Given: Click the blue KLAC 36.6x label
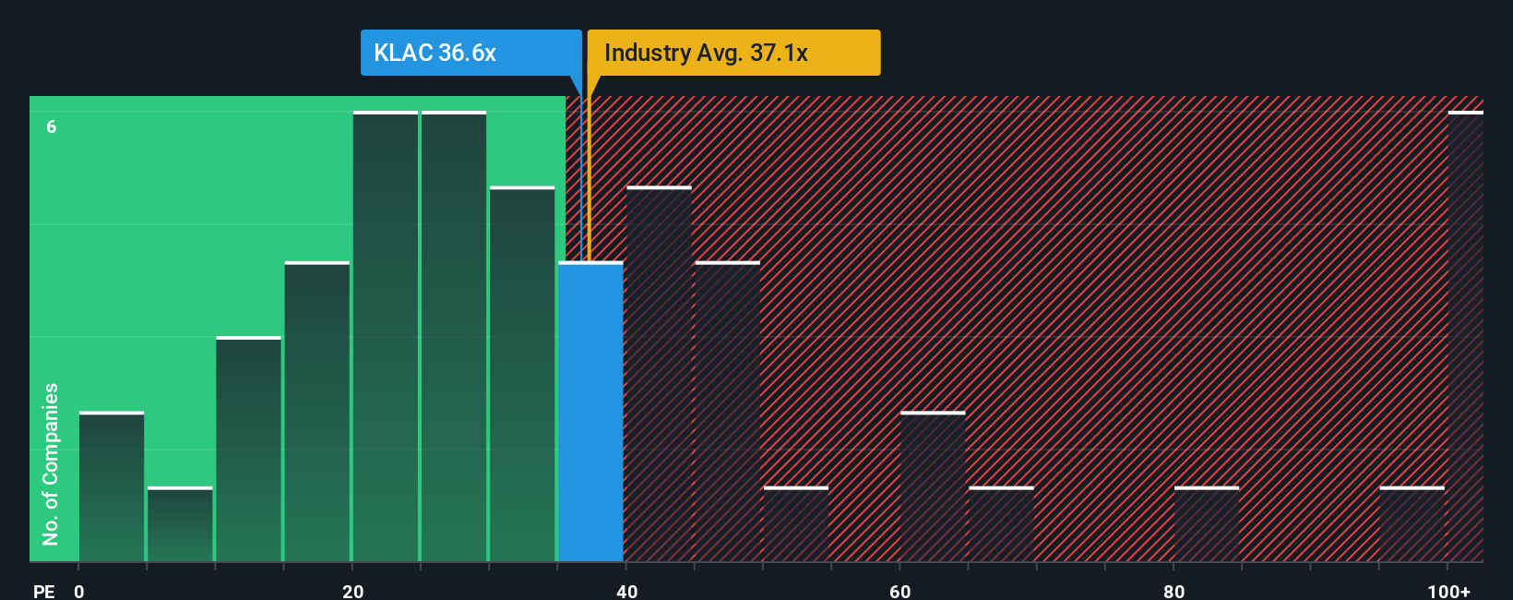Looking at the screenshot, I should click(471, 53).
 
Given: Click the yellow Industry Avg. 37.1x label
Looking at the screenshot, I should click(733, 53).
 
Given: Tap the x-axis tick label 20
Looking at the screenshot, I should click(352, 591).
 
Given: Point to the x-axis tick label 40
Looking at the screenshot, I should click(626, 591).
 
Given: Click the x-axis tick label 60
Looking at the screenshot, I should click(900, 591).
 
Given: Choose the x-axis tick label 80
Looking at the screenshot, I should click(1173, 591).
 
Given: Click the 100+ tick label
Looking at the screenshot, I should click(1448, 591).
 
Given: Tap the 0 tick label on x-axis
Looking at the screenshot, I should click(79, 591).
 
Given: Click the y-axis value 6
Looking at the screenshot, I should click(52, 126).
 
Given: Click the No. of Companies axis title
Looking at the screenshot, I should click(51, 463).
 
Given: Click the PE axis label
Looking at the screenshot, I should click(43, 591).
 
